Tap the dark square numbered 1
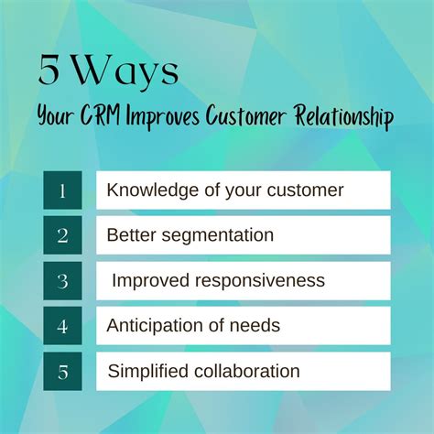(x=62, y=190)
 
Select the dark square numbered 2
(x=62, y=235)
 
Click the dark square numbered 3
(x=62, y=280)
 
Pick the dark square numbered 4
(x=62, y=325)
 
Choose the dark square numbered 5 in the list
(x=62, y=371)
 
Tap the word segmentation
(x=213, y=235)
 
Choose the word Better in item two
(x=127, y=235)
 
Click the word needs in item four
(x=258, y=325)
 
